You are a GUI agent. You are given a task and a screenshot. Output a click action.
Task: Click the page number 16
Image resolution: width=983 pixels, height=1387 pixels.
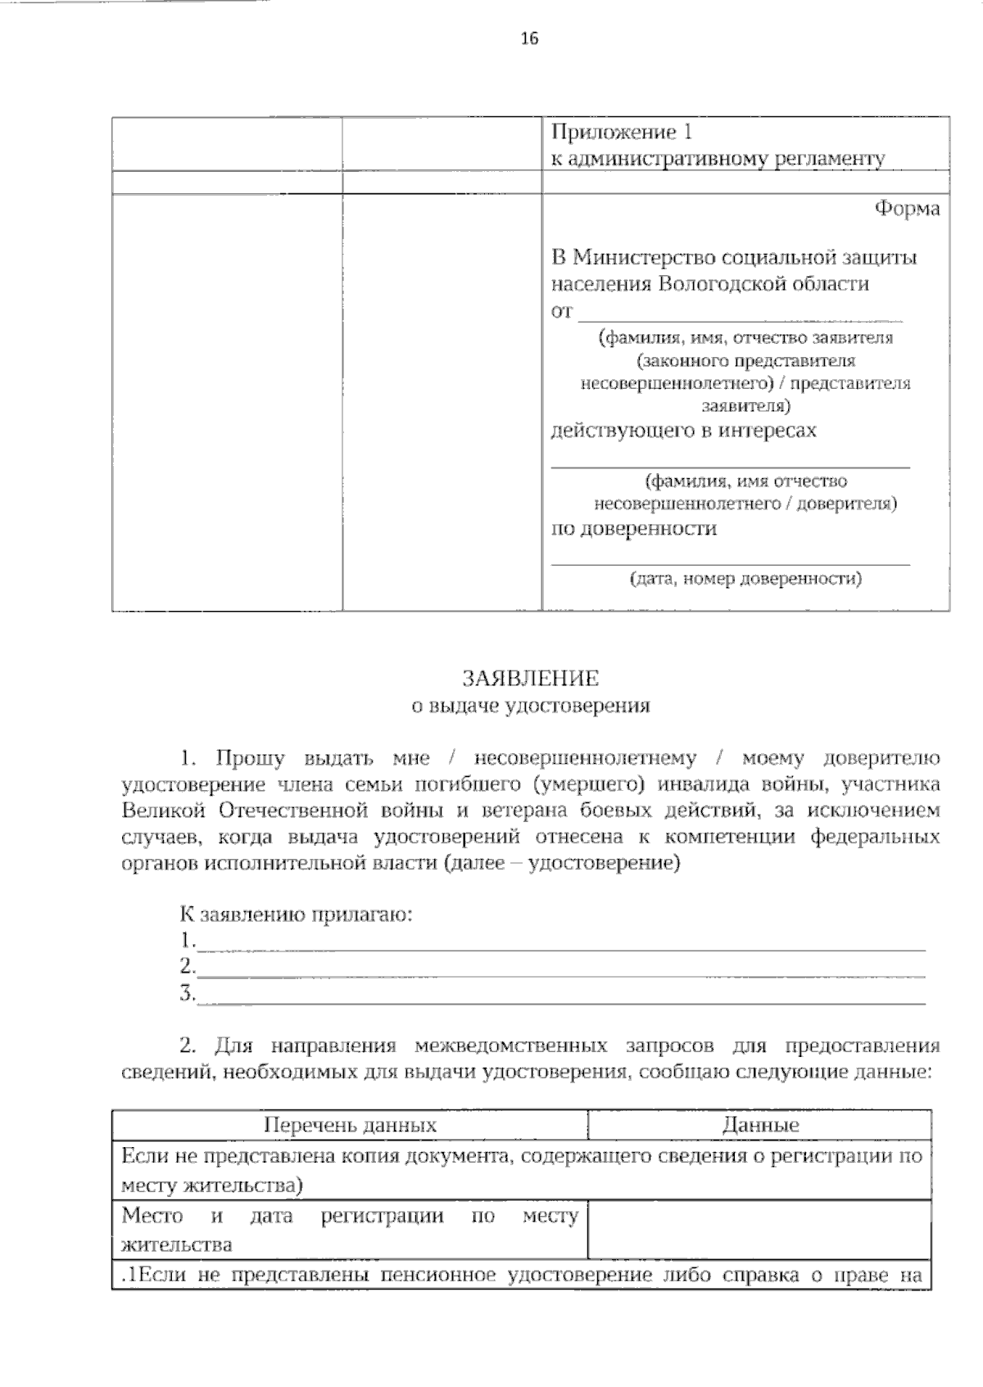529,38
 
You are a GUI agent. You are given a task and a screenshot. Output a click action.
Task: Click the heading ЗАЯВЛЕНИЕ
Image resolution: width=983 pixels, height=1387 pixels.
530,679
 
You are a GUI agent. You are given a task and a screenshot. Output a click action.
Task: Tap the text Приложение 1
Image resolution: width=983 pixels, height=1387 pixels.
622,132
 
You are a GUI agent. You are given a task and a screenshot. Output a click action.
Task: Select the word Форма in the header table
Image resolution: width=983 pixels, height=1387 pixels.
907,209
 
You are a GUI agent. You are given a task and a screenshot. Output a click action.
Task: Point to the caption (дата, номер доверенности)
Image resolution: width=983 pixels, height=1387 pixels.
745,579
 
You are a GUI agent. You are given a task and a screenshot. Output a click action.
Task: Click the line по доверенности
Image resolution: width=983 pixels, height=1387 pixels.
633,528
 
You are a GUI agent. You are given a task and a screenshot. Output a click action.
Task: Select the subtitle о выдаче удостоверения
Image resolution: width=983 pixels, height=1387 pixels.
530,705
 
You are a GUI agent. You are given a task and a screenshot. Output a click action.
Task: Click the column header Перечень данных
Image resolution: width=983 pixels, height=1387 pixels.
350,1124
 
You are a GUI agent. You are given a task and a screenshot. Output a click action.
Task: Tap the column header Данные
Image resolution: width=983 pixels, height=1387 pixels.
760,1124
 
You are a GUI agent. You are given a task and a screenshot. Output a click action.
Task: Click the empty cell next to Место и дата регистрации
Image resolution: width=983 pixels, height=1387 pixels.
759,1229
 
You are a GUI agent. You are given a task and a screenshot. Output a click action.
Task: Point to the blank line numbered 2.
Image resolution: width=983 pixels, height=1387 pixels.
561,969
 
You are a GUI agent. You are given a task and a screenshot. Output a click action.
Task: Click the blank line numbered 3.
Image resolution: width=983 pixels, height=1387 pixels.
561,996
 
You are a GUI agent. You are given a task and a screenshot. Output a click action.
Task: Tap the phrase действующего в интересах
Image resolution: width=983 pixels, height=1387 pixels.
683,430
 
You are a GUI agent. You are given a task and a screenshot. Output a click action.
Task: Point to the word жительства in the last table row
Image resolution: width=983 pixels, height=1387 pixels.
176,1245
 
